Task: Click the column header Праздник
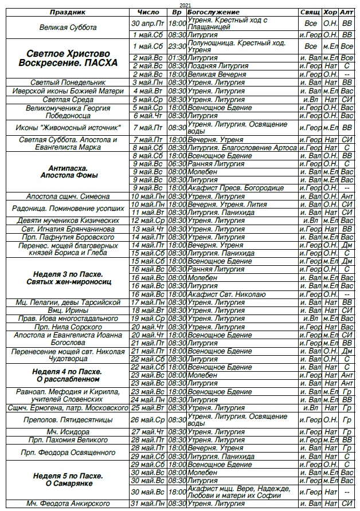68,12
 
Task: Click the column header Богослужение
213,12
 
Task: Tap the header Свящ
309,12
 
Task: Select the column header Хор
330,12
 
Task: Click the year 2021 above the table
185,5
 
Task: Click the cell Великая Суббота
68,27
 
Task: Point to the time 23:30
177,46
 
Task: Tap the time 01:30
177,58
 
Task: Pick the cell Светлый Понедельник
68,82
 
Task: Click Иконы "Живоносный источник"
68,127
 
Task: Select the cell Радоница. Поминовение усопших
68,208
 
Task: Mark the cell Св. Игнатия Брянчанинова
68,229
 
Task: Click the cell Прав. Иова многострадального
68,319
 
